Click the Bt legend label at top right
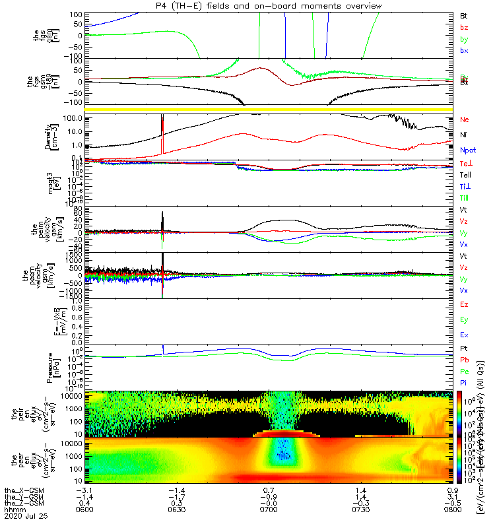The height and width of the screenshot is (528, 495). [464, 15]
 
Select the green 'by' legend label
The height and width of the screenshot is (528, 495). [465, 39]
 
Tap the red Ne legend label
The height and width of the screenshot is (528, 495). [465, 120]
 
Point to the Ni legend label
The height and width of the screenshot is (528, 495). [464, 135]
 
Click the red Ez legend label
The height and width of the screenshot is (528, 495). [465, 305]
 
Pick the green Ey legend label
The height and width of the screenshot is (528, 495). [465, 320]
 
